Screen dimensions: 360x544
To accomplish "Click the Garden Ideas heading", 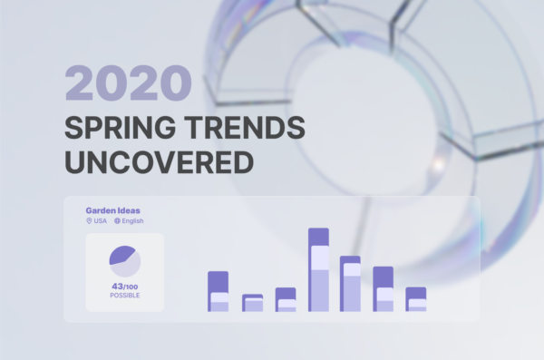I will [x=112, y=210].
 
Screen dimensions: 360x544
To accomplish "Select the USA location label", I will [x=100, y=220].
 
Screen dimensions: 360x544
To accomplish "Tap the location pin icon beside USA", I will [x=89, y=220].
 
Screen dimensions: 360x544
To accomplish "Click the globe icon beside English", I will [x=118, y=220].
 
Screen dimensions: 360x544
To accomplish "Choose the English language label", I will [x=132, y=220].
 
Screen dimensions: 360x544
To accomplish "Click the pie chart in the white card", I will [x=125, y=260].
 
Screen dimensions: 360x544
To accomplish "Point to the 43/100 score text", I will [x=124, y=287].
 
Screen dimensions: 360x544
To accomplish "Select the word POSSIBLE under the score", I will [x=124, y=296].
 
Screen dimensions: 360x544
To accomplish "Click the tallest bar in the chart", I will [x=318, y=269].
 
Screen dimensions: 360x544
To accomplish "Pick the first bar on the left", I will [x=219, y=291].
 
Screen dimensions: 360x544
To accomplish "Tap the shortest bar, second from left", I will [x=252, y=303].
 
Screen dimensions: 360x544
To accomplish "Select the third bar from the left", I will [x=286, y=299].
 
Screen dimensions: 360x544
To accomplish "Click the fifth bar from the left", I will [x=351, y=284].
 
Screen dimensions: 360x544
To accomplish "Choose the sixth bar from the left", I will [x=384, y=289].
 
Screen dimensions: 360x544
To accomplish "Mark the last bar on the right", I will [x=416, y=299].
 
